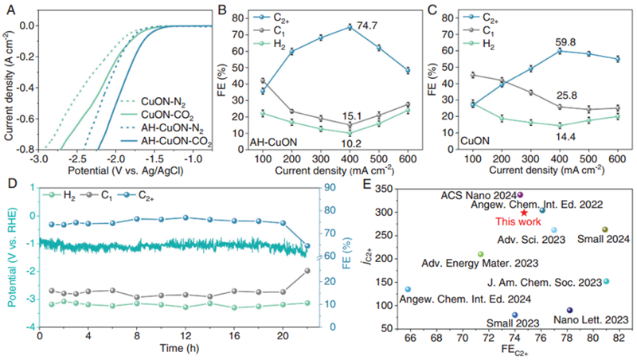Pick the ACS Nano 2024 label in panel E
479,194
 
